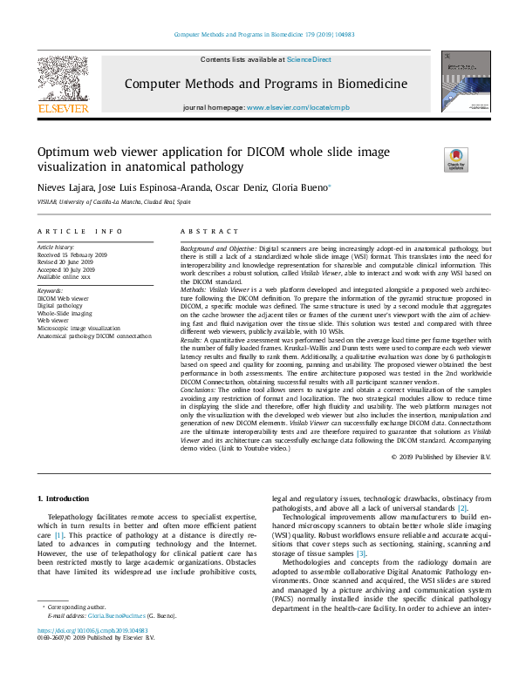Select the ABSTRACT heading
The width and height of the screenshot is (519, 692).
(x=208, y=231)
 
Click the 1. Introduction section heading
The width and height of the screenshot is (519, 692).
(x=66, y=498)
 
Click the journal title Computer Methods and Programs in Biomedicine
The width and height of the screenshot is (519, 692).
(x=265, y=85)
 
